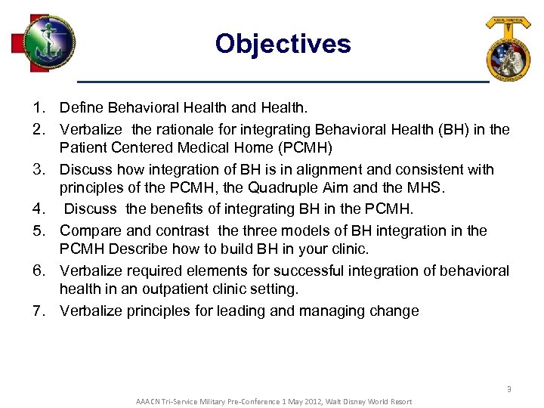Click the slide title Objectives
pyautogui.click(x=283, y=43)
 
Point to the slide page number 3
pyautogui.click(x=508, y=388)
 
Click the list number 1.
pyautogui.click(x=39, y=109)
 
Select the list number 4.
pyautogui.click(x=39, y=209)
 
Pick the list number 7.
pyautogui.click(x=39, y=311)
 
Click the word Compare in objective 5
pyautogui.click(x=89, y=230)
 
